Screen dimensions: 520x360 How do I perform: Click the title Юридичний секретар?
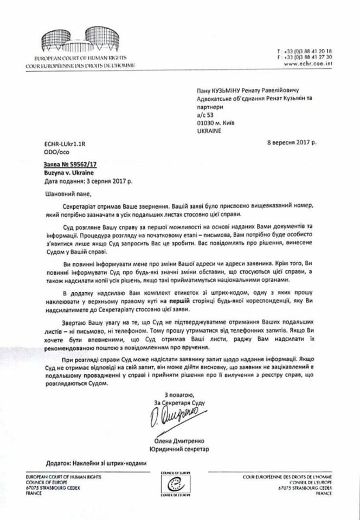click(179, 449)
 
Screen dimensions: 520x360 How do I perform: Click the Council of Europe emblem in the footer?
click(179, 484)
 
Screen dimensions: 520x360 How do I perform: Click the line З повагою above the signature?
click(178, 394)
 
